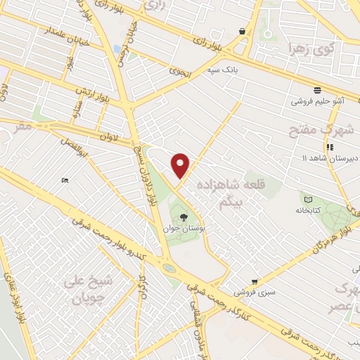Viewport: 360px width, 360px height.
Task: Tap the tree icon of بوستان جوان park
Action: click(x=184, y=217)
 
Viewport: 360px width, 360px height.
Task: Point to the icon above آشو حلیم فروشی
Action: click(x=318, y=90)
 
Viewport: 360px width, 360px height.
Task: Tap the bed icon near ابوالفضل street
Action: click(x=65, y=181)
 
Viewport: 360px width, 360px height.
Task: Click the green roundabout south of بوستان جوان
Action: click(x=169, y=268)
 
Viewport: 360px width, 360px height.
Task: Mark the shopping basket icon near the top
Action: click(x=243, y=32)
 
